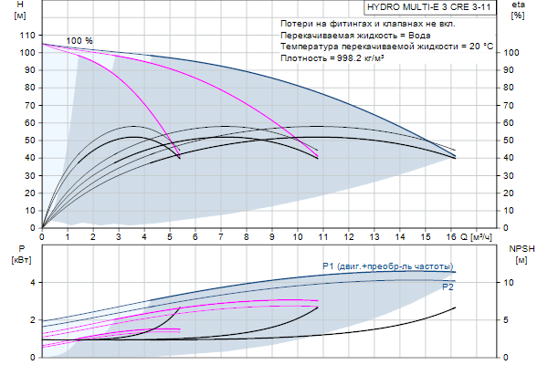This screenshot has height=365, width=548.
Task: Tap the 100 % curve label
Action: [79, 41]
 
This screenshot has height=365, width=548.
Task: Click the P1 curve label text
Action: [387, 266]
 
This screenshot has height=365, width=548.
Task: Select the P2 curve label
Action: [448, 287]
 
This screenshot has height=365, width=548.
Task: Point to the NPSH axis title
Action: [519, 247]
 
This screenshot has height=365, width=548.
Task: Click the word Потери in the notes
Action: [298, 21]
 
